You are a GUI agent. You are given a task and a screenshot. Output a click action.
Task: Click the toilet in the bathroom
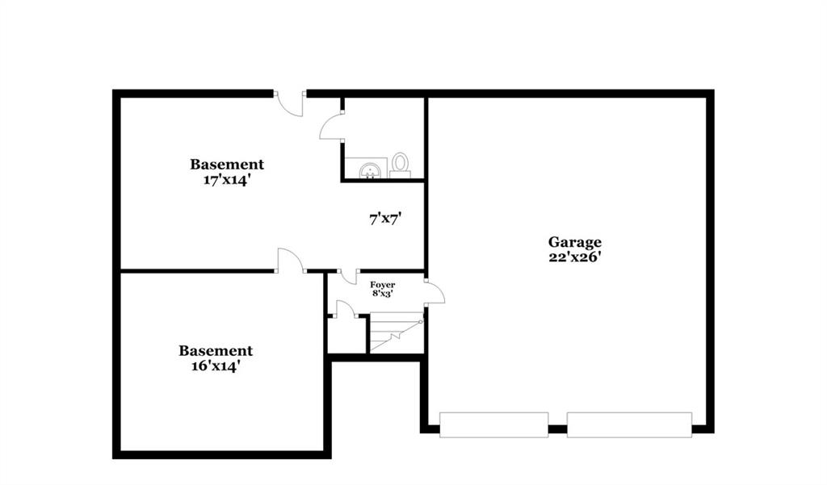coord(401,165)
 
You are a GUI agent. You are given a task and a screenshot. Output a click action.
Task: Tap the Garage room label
coord(574,242)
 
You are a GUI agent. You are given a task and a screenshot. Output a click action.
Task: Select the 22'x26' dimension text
coord(575,257)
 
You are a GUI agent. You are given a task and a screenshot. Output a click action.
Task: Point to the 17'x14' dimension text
coord(226,180)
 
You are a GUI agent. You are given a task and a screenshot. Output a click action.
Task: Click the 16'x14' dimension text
coord(216,366)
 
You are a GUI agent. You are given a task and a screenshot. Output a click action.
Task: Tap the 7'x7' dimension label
coord(385,219)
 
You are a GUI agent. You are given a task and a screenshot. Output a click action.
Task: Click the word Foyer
coord(382,285)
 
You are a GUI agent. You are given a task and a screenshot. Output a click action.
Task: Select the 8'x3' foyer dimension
coord(382,294)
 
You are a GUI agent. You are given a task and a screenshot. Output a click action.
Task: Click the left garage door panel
coord(493,425)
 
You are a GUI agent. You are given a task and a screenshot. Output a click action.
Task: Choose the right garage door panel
coord(629,425)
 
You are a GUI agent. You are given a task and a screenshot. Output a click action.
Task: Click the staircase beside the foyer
coord(396,332)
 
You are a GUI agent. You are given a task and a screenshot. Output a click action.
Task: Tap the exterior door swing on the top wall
coord(290,104)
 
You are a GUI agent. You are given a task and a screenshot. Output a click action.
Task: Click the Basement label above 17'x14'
coord(227,165)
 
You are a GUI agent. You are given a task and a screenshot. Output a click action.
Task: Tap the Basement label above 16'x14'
coord(216,350)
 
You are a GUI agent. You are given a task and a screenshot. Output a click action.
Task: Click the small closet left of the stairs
coord(346,335)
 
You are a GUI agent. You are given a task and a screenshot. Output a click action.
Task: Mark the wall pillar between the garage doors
coord(557,429)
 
